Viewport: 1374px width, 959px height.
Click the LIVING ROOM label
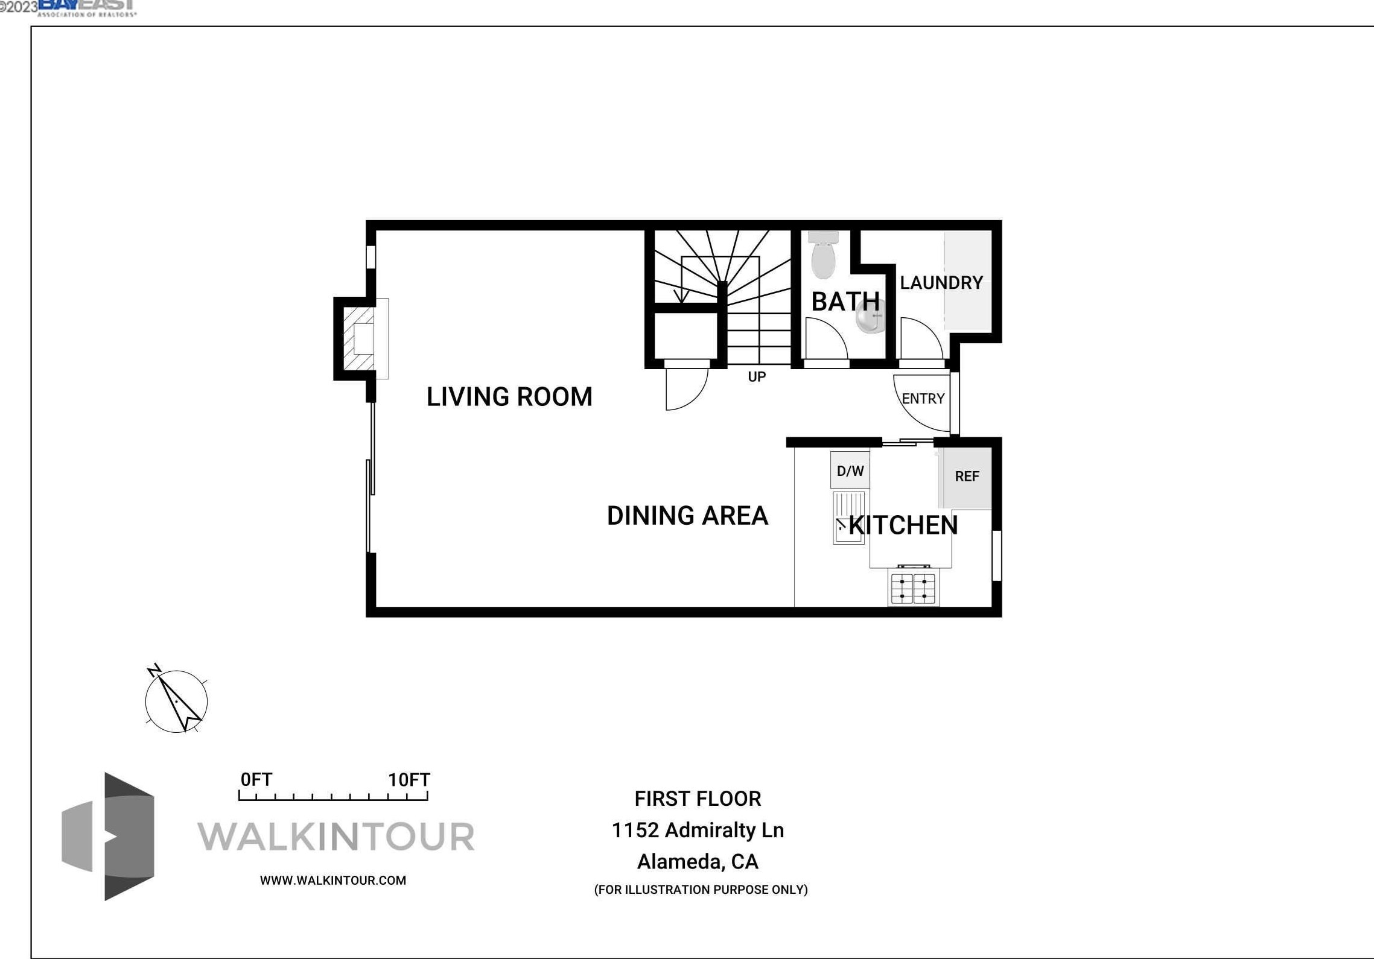click(x=509, y=397)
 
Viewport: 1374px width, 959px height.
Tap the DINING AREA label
click(x=687, y=516)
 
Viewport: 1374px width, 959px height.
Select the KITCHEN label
click(x=903, y=525)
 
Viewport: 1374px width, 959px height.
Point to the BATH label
click(x=845, y=302)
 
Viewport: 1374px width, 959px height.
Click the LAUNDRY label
click(x=941, y=283)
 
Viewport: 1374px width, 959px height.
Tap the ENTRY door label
click(x=923, y=399)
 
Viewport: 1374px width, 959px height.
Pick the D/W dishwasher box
click(x=850, y=470)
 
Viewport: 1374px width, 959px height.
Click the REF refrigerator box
click(x=966, y=477)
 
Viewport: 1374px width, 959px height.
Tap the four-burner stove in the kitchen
click(x=913, y=588)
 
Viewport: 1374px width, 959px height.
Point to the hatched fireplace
click(x=360, y=338)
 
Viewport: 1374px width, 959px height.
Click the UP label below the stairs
click(x=757, y=377)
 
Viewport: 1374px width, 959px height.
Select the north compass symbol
click(x=176, y=701)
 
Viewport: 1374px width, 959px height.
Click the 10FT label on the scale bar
click(x=409, y=780)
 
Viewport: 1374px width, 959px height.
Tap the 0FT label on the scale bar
click(x=256, y=780)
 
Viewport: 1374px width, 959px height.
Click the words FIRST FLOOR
click(x=698, y=799)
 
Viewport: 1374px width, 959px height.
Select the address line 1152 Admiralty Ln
click(x=698, y=831)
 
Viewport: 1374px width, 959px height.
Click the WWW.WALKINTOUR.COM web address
click(x=333, y=881)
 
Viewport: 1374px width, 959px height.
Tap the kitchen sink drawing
click(x=848, y=518)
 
